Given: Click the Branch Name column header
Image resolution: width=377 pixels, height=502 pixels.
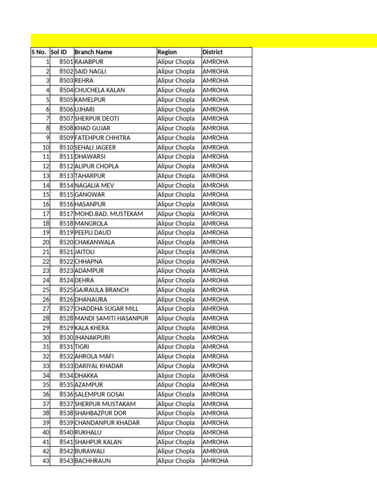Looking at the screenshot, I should [x=93, y=52].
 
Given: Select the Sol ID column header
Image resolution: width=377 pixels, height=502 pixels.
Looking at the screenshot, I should [x=58, y=52].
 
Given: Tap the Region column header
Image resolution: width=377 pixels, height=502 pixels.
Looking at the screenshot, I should [x=167, y=52].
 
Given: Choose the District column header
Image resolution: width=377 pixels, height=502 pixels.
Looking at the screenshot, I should [x=213, y=52].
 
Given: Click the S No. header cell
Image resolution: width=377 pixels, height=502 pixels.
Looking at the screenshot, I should [x=40, y=52].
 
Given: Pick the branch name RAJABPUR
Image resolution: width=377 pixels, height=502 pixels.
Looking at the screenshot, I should [x=89, y=62].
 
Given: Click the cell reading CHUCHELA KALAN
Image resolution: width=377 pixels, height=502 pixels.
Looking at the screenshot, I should [x=100, y=90].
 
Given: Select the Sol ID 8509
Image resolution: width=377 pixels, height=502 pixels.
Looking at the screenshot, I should [x=66, y=138].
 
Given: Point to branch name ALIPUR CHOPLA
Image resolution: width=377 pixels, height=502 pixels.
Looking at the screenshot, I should [x=97, y=166].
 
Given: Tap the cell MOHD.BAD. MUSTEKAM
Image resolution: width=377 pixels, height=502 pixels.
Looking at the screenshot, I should [x=109, y=214].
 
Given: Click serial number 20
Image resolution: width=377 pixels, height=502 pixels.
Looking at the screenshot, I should [x=46, y=242].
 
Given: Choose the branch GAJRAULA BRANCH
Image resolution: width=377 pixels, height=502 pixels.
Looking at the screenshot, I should [x=102, y=290].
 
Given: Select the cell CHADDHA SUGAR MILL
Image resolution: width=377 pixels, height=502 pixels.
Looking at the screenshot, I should [x=107, y=309].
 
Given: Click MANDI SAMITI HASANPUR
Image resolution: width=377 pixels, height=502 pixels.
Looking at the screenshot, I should [x=111, y=318].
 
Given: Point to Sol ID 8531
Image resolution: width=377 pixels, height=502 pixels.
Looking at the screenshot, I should [x=66, y=347].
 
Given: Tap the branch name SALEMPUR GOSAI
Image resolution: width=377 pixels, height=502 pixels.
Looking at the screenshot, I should [x=99, y=394].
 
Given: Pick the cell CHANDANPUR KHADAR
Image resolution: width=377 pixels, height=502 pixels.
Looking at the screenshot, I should [x=107, y=423].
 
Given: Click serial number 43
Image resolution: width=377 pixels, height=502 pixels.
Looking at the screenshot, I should [x=46, y=461].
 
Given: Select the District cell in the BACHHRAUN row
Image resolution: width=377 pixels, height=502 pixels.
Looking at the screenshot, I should [x=215, y=461].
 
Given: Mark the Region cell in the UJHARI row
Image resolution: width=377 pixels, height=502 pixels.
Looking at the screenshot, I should [x=176, y=109].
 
